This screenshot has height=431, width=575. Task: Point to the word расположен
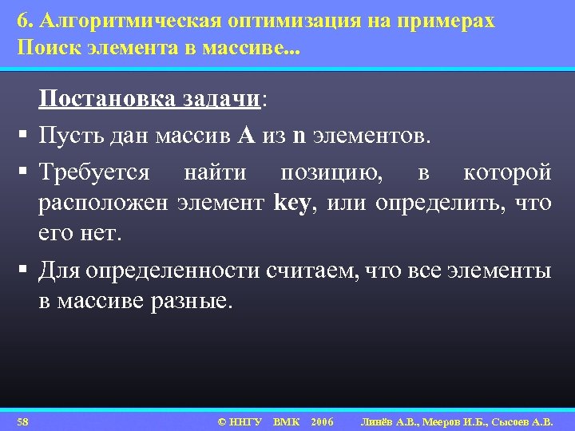tap(103, 204)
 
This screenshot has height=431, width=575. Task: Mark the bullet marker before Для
tap(17, 271)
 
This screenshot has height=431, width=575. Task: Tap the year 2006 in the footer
tap(322, 421)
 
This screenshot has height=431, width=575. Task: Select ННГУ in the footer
tap(246, 421)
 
